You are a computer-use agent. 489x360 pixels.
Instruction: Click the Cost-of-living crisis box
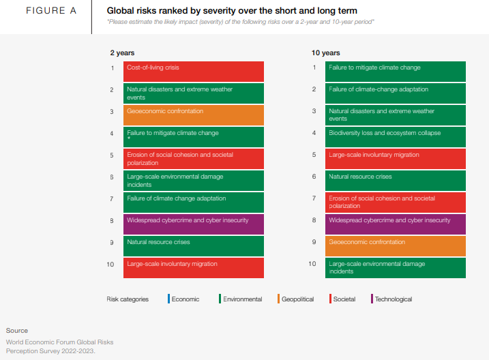pyautogui.click(x=194, y=71)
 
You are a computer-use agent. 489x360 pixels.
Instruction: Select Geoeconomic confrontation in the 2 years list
pyautogui.click(x=194, y=115)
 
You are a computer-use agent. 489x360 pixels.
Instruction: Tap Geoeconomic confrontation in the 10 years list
pyautogui.click(x=396, y=245)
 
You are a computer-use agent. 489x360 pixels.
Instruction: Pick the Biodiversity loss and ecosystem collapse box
pyautogui.click(x=396, y=136)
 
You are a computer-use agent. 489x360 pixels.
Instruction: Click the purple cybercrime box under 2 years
pyautogui.click(x=194, y=224)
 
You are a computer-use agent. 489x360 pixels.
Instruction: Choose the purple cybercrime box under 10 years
pyautogui.click(x=396, y=224)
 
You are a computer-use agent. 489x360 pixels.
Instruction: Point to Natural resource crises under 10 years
pyautogui.click(x=396, y=180)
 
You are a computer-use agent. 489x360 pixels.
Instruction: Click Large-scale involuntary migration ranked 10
pyautogui.click(x=194, y=267)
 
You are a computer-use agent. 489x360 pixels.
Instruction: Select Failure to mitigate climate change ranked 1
pyautogui.click(x=396, y=71)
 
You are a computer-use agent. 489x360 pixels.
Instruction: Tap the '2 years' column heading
pyautogui.click(x=123, y=52)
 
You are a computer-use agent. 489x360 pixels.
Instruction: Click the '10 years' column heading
pyautogui.click(x=326, y=52)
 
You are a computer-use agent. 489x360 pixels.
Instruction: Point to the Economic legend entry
pyautogui.click(x=185, y=299)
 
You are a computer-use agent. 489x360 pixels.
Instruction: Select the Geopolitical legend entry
pyautogui.click(x=297, y=299)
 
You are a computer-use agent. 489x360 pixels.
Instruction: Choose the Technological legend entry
pyautogui.click(x=393, y=299)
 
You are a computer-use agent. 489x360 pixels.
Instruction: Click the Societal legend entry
pyautogui.click(x=344, y=299)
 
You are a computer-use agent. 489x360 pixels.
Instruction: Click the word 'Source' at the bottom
pyautogui.click(x=17, y=331)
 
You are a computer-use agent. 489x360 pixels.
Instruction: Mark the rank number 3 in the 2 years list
pyautogui.click(x=113, y=111)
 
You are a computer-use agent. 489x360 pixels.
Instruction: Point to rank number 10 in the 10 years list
pyautogui.click(x=312, y=263)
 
